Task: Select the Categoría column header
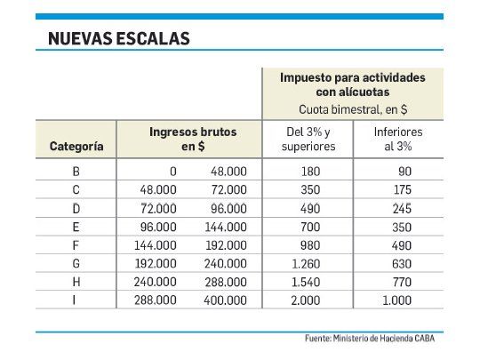coord(76,146)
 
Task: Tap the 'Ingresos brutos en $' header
coord(193,139)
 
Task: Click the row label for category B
coord(76,171)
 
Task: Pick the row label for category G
coord(76,263)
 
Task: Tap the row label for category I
coord(76,301)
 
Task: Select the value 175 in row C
coord(401,189)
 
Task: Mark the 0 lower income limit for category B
coord(172,171)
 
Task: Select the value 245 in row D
coord(401,208)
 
